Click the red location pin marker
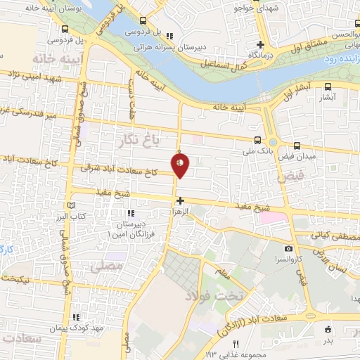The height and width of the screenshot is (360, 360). [x=180, y=165]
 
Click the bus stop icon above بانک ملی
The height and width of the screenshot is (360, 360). [x=258, y=140]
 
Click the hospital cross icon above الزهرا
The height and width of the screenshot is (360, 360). [x=181, y=200]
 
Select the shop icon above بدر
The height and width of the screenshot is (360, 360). [x=327, y=329]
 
